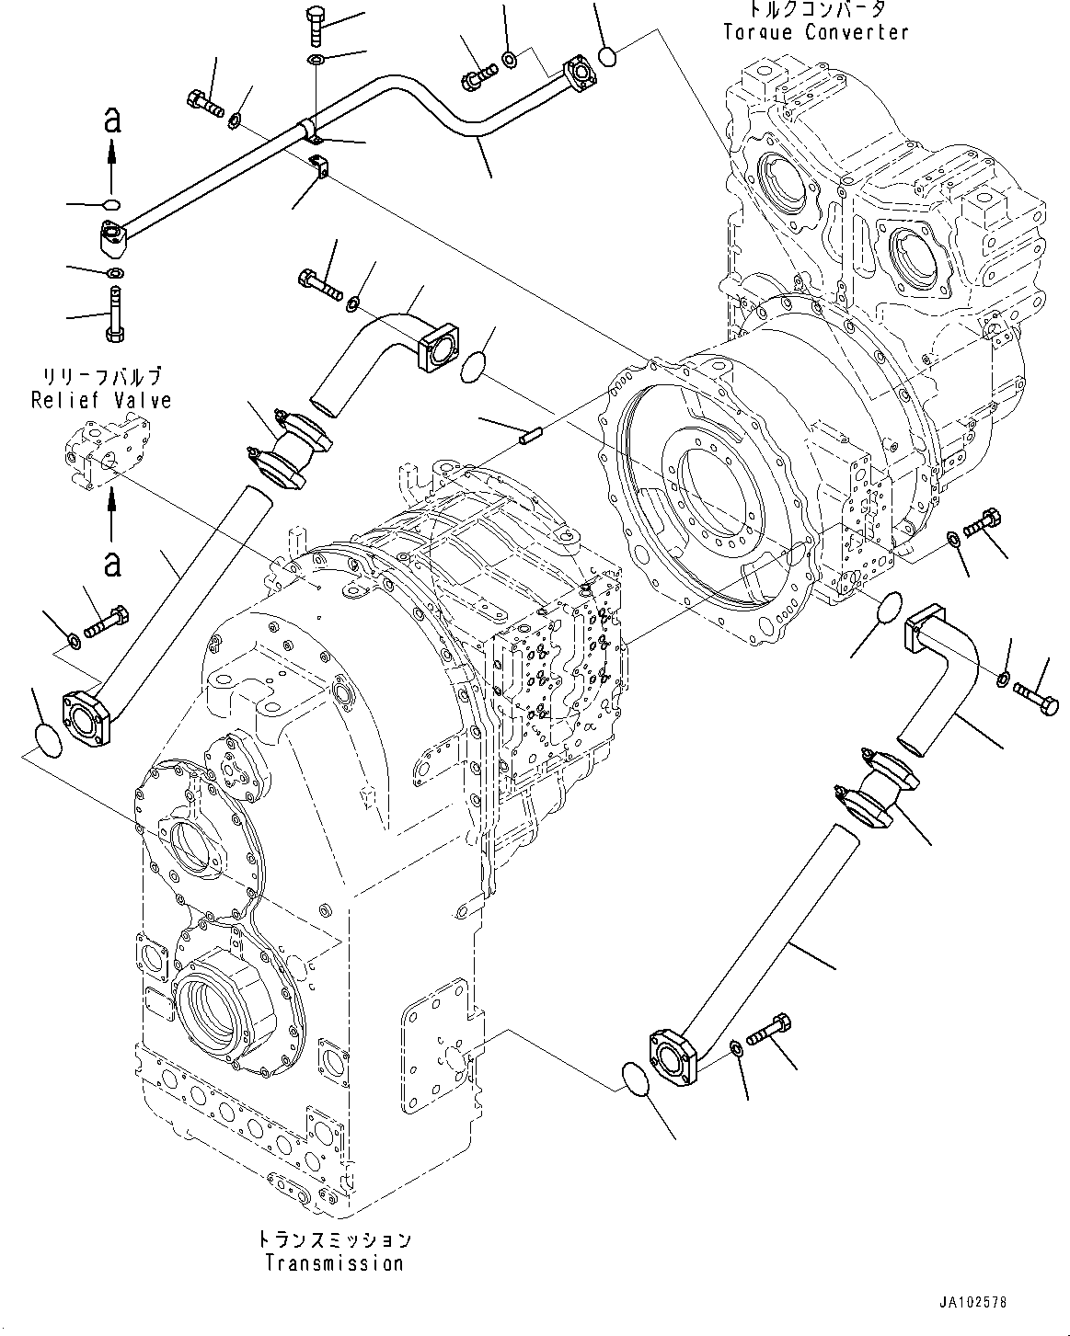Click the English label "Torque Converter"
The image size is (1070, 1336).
(815, 32)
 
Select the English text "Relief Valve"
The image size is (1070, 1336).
(101, 400)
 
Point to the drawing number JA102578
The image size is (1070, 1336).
(973, 1303)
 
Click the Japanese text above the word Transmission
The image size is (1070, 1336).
(334, 1240)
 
